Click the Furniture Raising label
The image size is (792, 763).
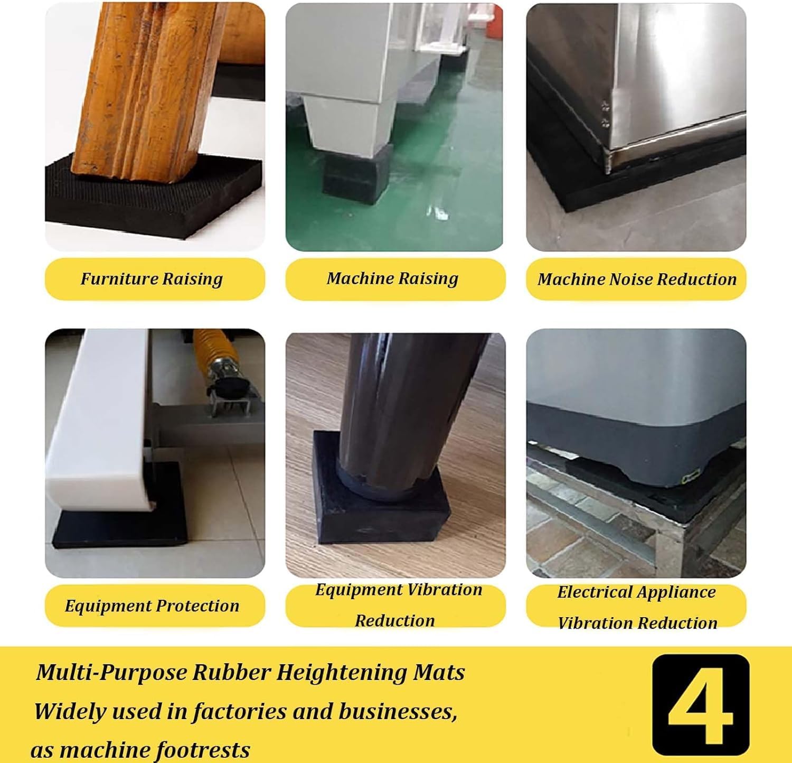tap(152, 279)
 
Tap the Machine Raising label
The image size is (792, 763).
tap(392, 278)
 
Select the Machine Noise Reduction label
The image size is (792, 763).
tap(637, 279)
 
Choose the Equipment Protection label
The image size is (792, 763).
tap(152, 606)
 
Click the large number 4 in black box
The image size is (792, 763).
tap(701, 705)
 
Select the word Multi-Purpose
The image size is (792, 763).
tap(111, 673)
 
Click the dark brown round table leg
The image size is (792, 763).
tap(407, 402)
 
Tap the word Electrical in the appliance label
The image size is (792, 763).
tap(592, 592)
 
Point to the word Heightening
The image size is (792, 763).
tap(341, 673)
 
